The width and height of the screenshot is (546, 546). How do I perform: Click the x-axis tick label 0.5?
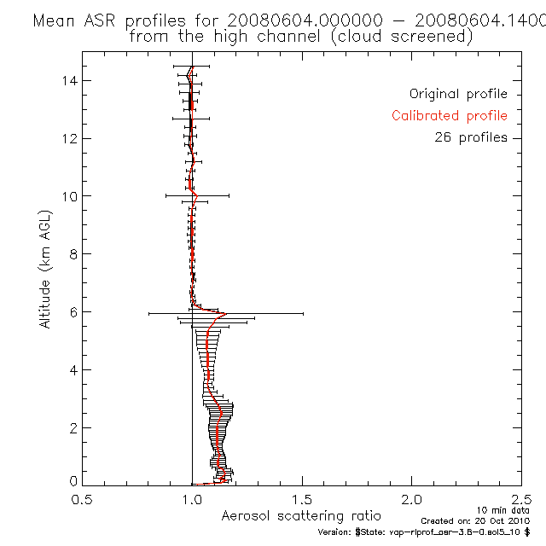coord(82,500)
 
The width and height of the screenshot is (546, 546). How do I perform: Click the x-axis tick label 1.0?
coord(192,500)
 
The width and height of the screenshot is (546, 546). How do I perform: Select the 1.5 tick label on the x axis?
coord(302,500)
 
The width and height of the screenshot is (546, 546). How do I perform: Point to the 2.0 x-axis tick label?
coord(412,500)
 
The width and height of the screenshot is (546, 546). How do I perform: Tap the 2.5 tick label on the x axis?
coord(520,500)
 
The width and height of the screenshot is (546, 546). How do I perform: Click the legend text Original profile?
coord(458,94)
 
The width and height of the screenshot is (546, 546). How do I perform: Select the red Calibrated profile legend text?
coord(450,116)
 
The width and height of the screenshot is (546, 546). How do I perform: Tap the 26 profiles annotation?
coord(471,137)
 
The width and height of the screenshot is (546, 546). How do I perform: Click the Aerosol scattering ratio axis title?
coord(301,516)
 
